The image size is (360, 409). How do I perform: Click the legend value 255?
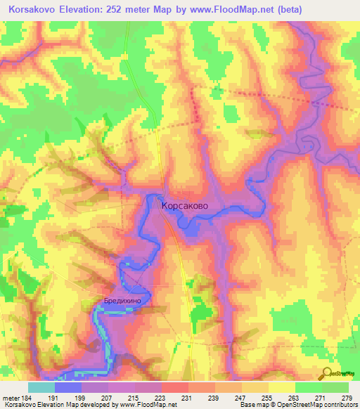tap(264, 397)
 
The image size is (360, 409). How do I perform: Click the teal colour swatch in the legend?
tap(41, 387)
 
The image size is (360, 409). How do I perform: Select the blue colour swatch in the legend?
tap(67, 387)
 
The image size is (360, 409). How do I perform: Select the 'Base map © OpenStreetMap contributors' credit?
tap(297, 405)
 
